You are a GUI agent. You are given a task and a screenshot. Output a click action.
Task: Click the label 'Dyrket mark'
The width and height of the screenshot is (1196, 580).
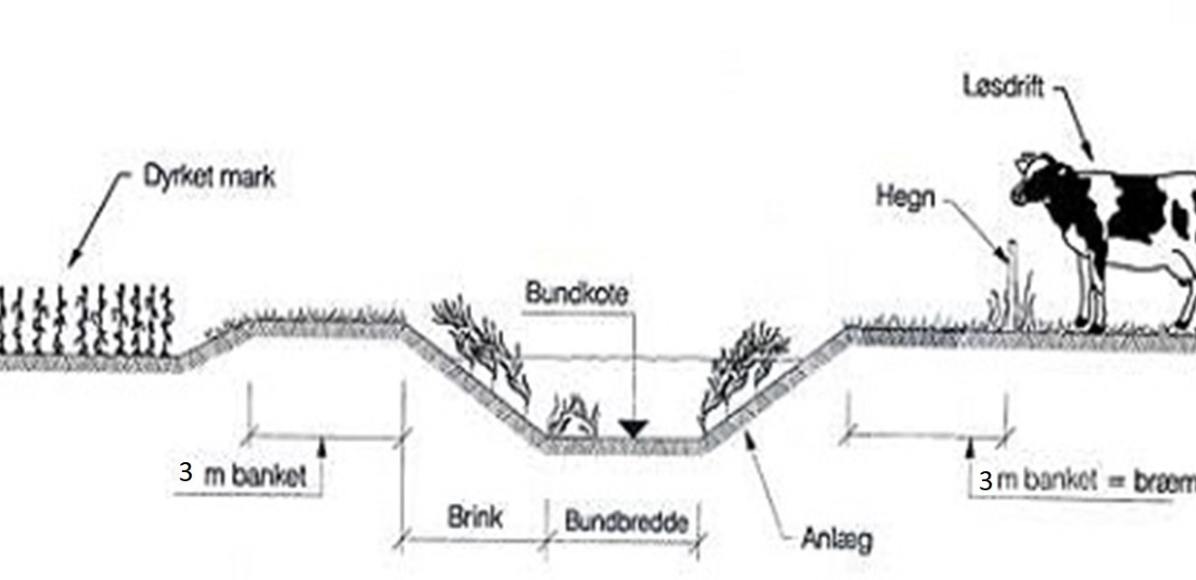point(208,178)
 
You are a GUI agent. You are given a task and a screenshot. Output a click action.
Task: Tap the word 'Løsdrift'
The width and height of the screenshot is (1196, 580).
point(1003,88)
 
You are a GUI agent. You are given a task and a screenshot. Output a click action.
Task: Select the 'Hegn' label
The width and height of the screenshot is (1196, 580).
point(904,196)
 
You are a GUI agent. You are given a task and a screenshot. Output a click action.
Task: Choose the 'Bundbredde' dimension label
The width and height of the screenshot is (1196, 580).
point(625,521)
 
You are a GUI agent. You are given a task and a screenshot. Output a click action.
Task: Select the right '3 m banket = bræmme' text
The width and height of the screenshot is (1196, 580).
point(1087,481)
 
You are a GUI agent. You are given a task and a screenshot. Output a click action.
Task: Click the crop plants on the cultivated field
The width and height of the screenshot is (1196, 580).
point(86,322)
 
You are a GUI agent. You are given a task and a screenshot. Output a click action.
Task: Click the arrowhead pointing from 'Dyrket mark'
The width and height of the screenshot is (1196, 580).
point(72,263)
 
